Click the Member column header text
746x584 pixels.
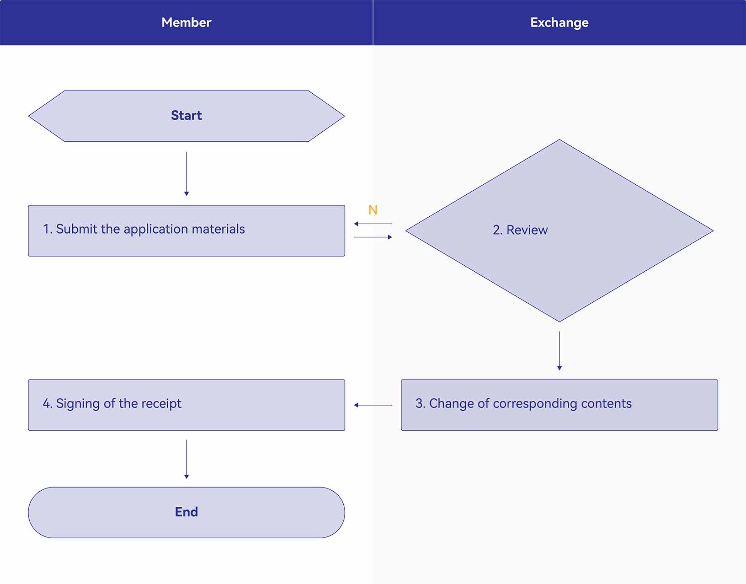click(186, 22)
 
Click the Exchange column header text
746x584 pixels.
click(559, 23)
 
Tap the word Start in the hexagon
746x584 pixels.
click(186, 115)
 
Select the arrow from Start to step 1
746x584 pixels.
click(186, 174)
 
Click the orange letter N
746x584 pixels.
click(373, 210)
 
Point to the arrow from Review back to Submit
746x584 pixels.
click(373, 224)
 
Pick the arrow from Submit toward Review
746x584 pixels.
click(373, 237)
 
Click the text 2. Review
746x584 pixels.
click(520, 230)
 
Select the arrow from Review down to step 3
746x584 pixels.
click(559, 351)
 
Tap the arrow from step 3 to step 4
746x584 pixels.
click(373, 405)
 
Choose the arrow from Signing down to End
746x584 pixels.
click(186, 459)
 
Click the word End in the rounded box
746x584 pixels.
click(186, 512)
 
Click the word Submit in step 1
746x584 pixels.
click(76, 229)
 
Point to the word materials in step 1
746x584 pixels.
click(218, 229)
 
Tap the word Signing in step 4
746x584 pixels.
click(78, 404)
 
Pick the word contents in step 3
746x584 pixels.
click(606, 403)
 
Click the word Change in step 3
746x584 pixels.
click(452, 404)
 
